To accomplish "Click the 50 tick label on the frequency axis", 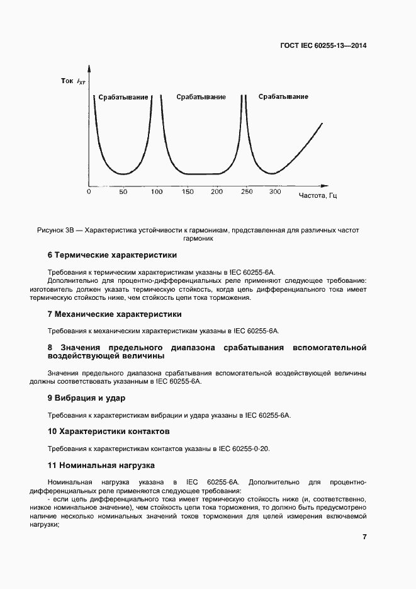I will (123, 192).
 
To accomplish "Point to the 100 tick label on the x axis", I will (157, 192).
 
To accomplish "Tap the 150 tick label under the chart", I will (187, 192).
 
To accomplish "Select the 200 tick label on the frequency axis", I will (216, 192).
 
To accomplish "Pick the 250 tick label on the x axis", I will (247, 192).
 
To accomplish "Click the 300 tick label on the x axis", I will (275, 192).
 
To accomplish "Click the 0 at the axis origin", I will (89, 192).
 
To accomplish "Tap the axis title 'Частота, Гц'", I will (318, 196).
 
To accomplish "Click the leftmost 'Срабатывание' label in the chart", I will (123, 98).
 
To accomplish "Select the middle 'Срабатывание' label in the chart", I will (201, 97).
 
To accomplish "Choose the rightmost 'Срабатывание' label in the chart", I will (283, 96).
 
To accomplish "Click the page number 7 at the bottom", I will (364, 537).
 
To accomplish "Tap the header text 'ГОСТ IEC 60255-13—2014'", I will (323, 46).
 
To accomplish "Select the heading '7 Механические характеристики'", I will (115, 314).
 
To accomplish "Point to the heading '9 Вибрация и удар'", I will (87, 398).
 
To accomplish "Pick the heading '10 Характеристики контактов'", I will (109, 432).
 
